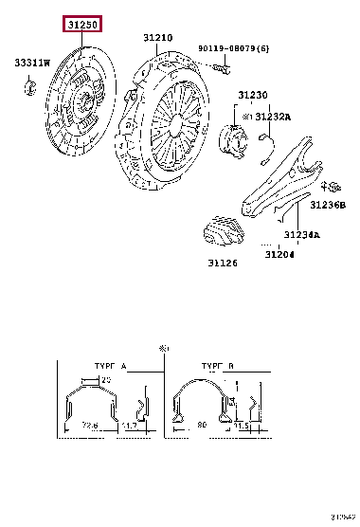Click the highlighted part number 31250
(x=81, y=25)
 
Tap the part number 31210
(x=158, y=38)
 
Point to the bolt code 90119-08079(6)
(x=232, y=47)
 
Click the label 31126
(x=223, y=264)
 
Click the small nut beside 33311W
(x=29, y=89)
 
